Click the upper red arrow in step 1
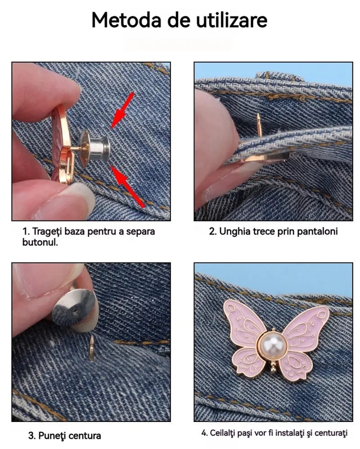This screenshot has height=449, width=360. (x=122, y=110)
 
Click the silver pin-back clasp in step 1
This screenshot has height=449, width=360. (x=94, y=148)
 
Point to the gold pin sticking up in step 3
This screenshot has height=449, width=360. (x=92, y=348)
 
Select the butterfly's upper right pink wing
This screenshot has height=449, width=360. (x=306, y=326)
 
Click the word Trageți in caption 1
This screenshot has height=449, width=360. (x=47, y=231)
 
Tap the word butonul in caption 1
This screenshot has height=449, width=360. (x=40, y=242)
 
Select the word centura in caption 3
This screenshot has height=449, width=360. (x=85, y=435)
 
